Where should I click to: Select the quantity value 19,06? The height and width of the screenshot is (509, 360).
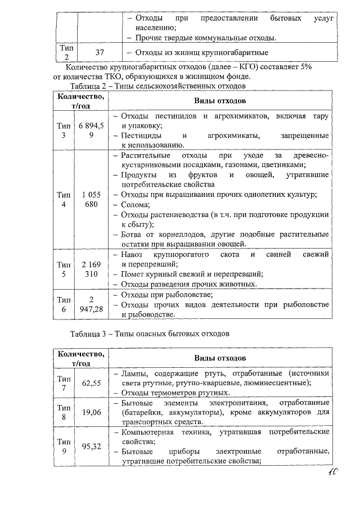pyautogui.click(x=91, y=412)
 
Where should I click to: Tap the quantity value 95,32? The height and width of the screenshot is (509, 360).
pyautogui.click(x=91, y=446)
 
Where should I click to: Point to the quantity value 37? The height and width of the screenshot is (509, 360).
pyautogui.click(x=100, y=53)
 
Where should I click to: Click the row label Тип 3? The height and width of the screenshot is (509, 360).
pyautogui.click(x=64, y=130)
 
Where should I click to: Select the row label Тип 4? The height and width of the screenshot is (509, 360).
pyautogui.click(x=64, y=199)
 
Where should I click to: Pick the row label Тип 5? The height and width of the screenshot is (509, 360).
pyautogui.click(x=64, y=269)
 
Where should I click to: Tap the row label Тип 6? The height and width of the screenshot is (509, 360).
pyautogui.click(x=64, y=304)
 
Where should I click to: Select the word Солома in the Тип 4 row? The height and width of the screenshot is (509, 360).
pyautogui.click(x=133, y=205)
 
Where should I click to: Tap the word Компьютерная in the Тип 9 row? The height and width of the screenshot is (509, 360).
pyautogui.click(x=148, y=431)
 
